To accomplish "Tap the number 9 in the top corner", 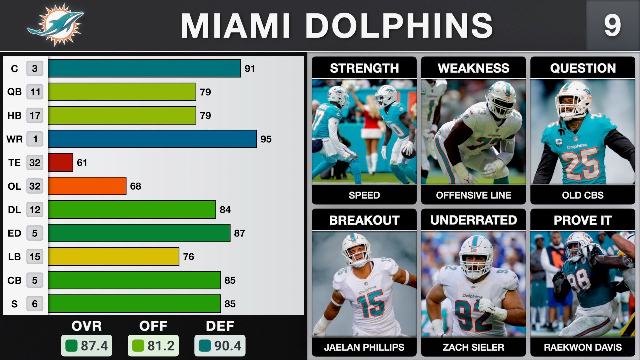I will pos(612,26).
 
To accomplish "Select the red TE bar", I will pos(60,162).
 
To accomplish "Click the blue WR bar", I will pos(152,139).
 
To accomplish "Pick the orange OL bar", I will pos(87,186).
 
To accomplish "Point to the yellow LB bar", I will pos(113,257).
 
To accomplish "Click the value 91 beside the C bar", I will pos(250,69).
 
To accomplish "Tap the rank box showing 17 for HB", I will pos(35,115).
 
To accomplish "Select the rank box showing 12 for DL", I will pos(35,210).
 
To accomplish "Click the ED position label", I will pos(14,233).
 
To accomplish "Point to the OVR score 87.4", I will pos(87,346).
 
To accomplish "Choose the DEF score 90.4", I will pos(220,346).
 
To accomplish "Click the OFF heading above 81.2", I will pos(153,326).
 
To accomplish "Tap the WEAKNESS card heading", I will pos(473,68).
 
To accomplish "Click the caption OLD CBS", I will pos(583,195).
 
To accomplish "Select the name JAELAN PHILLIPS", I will pos(364,347).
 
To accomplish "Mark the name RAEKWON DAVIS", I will pos(583,347).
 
